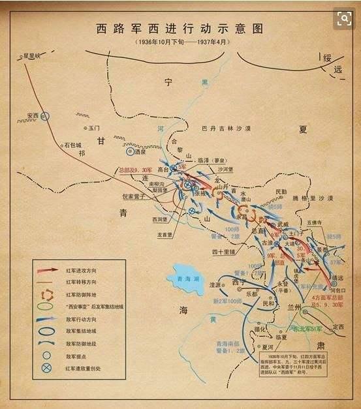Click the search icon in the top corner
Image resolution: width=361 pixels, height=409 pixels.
(343, 19)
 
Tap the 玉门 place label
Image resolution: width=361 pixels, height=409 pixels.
(95, 129)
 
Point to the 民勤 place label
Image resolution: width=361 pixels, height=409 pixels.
(280, 192)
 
